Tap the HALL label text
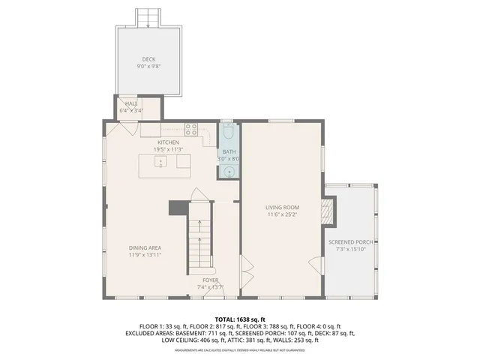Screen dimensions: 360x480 131,103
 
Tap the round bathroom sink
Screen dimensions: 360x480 229,172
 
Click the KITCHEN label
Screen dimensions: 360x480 168,142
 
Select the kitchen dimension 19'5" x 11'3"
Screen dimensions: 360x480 168,148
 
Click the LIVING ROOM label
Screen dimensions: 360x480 282,207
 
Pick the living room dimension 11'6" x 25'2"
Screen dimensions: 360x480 282,214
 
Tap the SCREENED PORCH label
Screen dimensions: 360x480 351,242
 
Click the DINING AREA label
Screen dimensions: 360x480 145,247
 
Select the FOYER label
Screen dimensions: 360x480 210,280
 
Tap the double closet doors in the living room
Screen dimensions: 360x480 244,264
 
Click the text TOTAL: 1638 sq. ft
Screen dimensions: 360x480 239,319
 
